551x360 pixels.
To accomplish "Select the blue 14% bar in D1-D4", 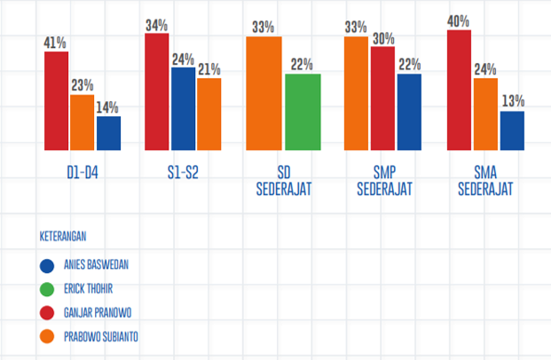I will (x=109, y=133).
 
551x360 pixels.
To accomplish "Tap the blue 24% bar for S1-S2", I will (x=183, y=108).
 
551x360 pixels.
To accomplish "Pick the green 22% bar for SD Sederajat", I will (x=303, y=112).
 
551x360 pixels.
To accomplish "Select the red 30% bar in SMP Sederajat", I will (x=382, y=98).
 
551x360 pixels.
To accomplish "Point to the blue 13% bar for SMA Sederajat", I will (x=512, y=130).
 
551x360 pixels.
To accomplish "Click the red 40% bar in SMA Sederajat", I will (x=460, y=90).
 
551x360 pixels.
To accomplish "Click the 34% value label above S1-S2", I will (x=157, y=25).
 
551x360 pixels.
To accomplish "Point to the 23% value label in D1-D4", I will (x=83, y=86).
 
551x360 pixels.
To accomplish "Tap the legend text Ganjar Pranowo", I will (x=100, y=312).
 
